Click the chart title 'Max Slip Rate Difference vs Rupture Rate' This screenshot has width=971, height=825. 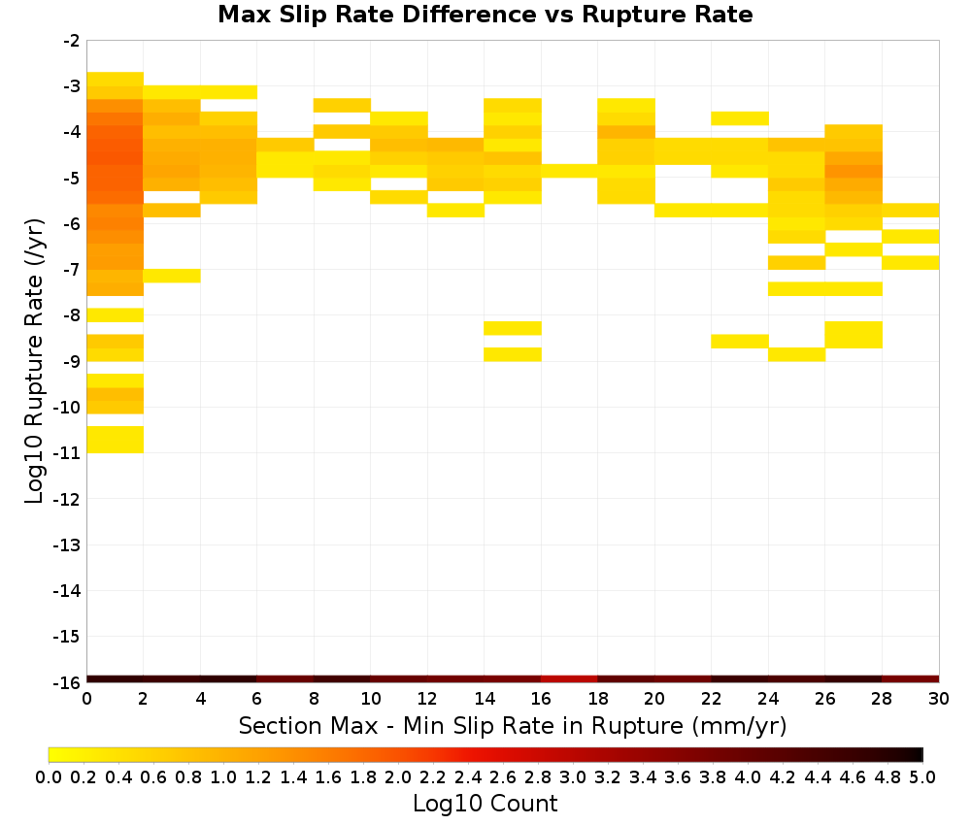pyautogui.click(x=485, y=15)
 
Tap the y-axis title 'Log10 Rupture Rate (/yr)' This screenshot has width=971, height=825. pyautogui.click(x=34, y=361)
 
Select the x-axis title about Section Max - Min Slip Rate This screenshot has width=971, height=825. pyautogui.click(x=513, y=725)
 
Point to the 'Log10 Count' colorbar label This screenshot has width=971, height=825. pyautogui.click(x=485, y=804)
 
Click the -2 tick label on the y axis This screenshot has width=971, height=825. pyautogui.click(x=71, y=41)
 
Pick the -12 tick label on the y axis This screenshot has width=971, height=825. pyautogui.click(x=67, y=499)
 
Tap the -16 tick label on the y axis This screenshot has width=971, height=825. pyautogui.click(x=67, y=682)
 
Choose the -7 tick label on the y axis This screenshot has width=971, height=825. pyautogui.click(x=71, y=270)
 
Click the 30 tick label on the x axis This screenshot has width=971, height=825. pyautogui.click(x=939, y=699)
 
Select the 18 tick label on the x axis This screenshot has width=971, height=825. pyautogui.click(x=597, y=699)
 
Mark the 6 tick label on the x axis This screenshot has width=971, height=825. pyautogui.click(x=257, y=699)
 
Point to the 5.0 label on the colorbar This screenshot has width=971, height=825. pyautogui.click(x=922, y=776)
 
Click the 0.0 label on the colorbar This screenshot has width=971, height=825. pyautogui.click(x=49, y=776)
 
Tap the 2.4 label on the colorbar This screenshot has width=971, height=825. pyautogui.click(x=468, y=776)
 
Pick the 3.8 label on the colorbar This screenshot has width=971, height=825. pyautogui.click(x=712, y=776)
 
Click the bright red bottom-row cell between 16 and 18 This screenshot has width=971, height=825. pyautogui.click(x=569, y=679)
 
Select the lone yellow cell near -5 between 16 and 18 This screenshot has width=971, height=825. pyautogui.click(x=569, y=172)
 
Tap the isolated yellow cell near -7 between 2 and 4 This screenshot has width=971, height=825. pyautogui.click(x=172, y=276)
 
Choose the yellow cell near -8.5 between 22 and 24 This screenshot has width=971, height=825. pyautogui.click(x=739, y=341)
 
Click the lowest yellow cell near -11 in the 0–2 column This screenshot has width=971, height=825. pyautogui.click(x=116, y=440)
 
